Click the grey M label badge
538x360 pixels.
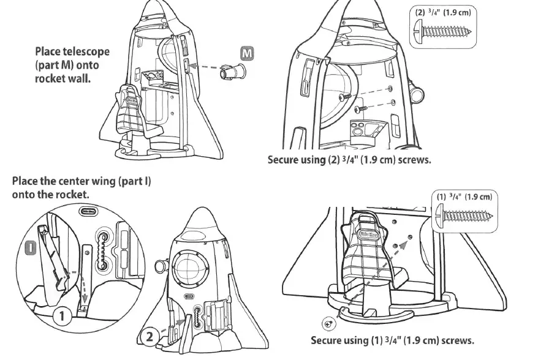246,54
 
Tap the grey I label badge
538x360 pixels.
29,247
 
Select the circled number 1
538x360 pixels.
61,316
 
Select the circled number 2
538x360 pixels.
149,336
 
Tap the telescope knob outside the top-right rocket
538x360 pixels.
418,95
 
